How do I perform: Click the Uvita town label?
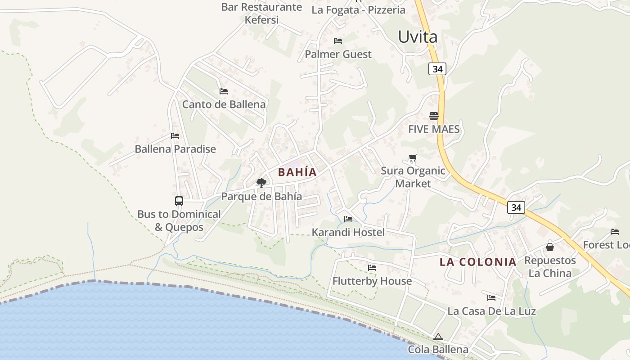pos(418,37)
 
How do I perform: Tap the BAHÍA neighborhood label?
pos(297,172)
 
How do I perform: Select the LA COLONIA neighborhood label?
pos(478,262)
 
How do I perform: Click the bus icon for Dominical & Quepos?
pos(179,201)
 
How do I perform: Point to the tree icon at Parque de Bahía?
pos(261,183)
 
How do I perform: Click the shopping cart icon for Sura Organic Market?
pos(413,158)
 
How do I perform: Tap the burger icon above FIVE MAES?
pos(434,116)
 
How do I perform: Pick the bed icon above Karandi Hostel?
pos(348,219)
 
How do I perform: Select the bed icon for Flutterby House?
pos(372,268)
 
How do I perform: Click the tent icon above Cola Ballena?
pos(438,337)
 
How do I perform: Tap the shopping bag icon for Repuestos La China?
pos(549,247)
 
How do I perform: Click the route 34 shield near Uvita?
pos(437,69)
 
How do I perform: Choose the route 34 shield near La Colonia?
pos(516,207)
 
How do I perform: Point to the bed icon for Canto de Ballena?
pos(224,91)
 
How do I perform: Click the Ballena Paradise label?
pos(175,149)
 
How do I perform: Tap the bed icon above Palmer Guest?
pos(338,41)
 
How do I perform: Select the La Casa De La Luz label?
pos(491,311)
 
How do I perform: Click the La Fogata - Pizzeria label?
pos(358,10)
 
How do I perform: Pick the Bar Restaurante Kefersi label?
pos(261,13)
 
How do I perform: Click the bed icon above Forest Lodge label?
pos(615,232)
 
